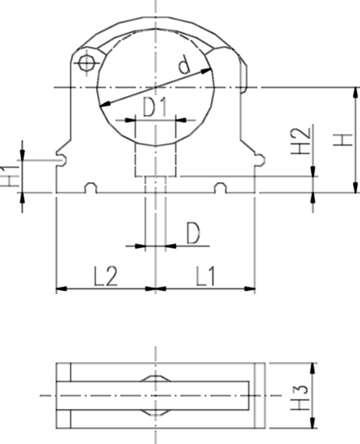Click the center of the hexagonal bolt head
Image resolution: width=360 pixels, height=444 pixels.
(x=87, y=62)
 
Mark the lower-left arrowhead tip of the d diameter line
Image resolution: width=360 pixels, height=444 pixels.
(x=100, y=107)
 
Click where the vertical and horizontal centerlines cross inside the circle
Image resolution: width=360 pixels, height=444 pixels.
(x=156, y=88)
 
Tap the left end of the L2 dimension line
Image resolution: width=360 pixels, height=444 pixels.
(x=56, y=289)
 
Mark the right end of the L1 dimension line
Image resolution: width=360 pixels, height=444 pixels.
(x=255, y=289)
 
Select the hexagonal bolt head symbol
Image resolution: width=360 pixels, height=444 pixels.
(x=87, y=62)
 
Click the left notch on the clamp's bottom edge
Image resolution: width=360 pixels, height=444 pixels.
(x=91, y=188)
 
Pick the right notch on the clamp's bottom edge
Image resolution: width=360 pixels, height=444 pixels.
(x=221, y=188)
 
